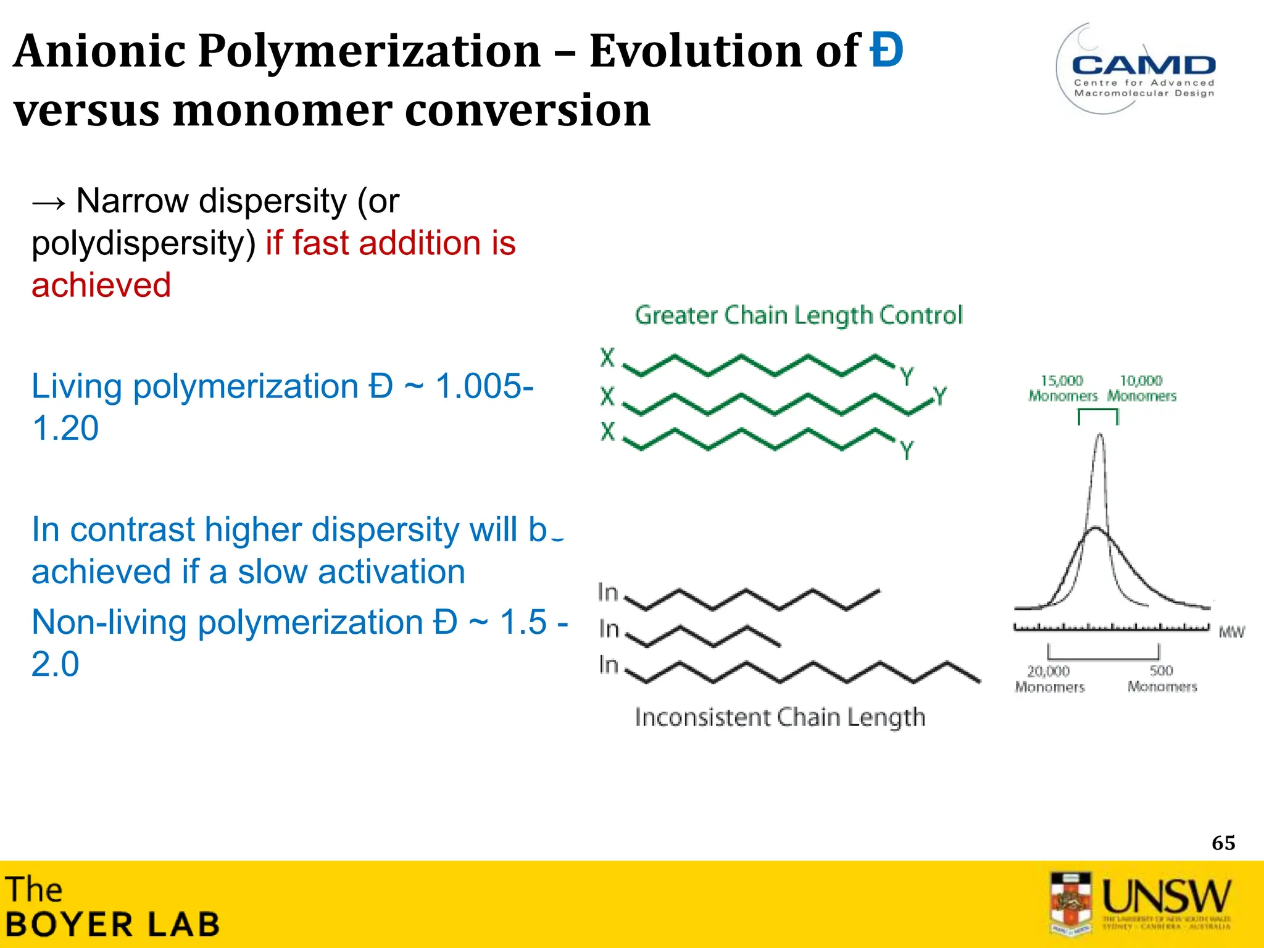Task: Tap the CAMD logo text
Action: pos(1144,65)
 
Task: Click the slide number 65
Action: pos(1223,842)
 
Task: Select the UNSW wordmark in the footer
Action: pos(1166,896)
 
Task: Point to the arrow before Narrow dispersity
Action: pos(49,202)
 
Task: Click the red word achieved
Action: pos(101,285)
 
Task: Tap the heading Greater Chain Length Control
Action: pos(799,315)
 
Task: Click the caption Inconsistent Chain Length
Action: pos(780,717)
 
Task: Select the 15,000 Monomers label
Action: pos(1062,388)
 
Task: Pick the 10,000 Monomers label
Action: pos(1141,388)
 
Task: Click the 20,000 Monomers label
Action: pos(1049,678)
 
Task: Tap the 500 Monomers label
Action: pos(1162,678)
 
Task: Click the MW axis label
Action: pos(1231,632)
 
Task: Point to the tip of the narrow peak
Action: pos(1100,435)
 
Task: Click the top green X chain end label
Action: pos(608,357)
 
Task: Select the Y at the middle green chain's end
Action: pos(939,396)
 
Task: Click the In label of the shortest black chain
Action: pos(609,629)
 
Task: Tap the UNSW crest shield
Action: pos(1070,902)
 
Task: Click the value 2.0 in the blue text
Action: pos(56,664)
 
